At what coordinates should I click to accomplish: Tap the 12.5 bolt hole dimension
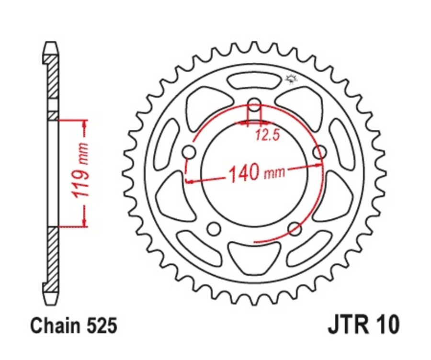267,135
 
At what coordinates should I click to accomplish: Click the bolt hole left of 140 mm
190,152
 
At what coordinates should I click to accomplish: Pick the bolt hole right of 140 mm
319,152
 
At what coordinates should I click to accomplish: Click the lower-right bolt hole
295,228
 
